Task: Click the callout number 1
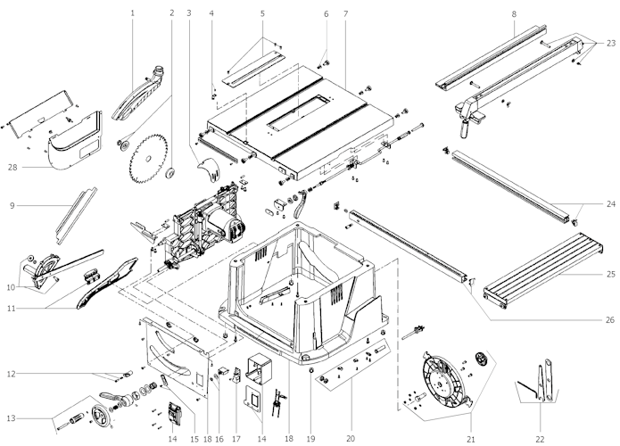coord(131,13)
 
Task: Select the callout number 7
coord(345,14)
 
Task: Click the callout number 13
coord(11,417)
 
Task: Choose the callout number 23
coord(610,42)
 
